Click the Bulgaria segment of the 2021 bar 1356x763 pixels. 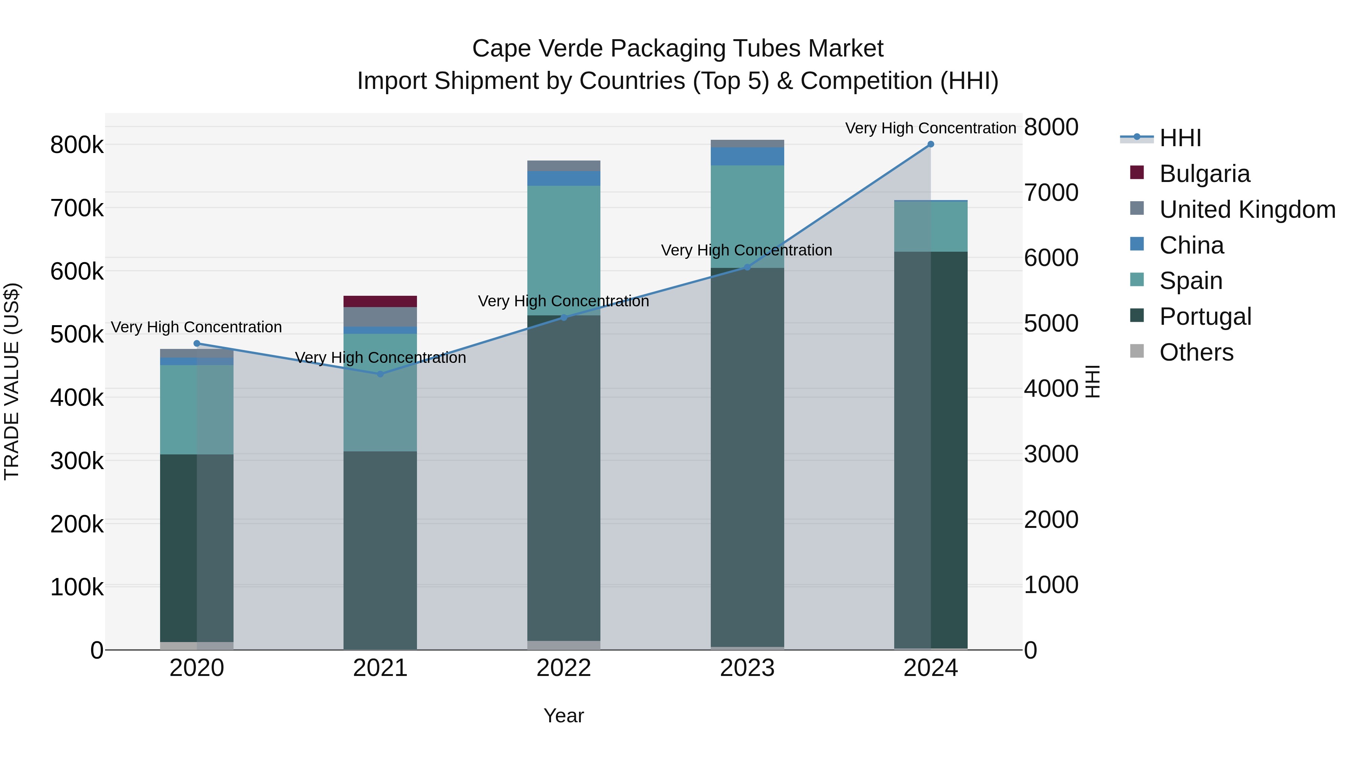click(x=380, y=301)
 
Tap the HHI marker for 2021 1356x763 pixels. click(x=380, y=374)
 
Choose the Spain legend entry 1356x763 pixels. click(x=1191, y=281)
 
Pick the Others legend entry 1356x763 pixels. click(x=1196, y=352)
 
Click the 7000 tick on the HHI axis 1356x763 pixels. click(x=1051, y=193)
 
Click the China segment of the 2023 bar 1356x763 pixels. click(x=747, y=156)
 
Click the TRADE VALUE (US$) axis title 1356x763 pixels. click(x=12, y=381)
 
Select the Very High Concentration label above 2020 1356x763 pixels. click(x=196, y=327)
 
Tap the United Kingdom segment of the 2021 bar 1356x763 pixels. click(x=380, y=317)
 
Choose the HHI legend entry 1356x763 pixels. click(x=1179, y=138)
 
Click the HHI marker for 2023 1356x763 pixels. click(x=747, y=268)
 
